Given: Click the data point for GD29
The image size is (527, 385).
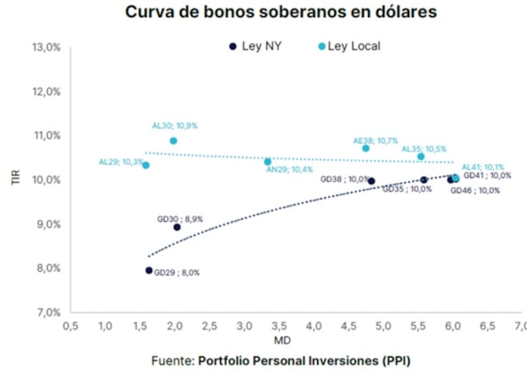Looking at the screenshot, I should coord(149,270).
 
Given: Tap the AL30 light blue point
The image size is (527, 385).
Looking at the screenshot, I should coord(173,140).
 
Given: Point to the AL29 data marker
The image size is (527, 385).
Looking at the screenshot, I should coord(146,165).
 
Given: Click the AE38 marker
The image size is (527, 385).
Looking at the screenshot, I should coord(366,148).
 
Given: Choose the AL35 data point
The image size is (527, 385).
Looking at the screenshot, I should coord(421,156).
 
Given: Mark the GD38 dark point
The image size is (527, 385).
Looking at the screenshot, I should coord(372,181).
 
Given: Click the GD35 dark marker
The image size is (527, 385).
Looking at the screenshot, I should coord(424,179).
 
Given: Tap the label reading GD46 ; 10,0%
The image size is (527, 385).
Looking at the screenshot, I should coord(474,191).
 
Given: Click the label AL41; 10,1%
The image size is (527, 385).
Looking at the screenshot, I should coord(482,167).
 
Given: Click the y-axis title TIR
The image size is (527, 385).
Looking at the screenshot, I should coord(17,179).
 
